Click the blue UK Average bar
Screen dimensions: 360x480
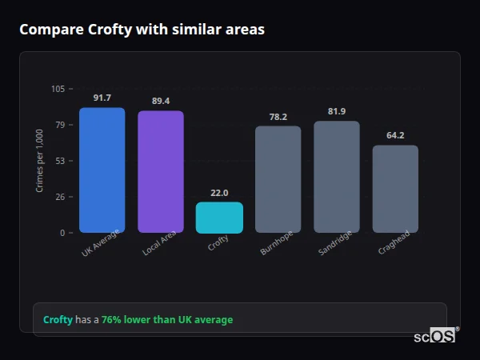pyautogui.click(x=102, y=170)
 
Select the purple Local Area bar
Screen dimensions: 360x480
pyautogui.click(x=161, y=171)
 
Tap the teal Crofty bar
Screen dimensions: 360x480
pyautogui.click(x=219, y=217)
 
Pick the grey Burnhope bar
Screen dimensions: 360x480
pyautogui.click(x=278, y=179)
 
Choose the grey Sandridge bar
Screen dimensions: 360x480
pyautogui.click(x=337, y=176)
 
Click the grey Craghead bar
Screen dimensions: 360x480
pyautogui.click(x=395, y=189)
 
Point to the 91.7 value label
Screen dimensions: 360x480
pyautogui.click(x=102, y=98)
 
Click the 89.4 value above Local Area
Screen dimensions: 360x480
pyautogui.click(x=161, y=101)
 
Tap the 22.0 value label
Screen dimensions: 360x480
pyautogui.click(x=219, y=193)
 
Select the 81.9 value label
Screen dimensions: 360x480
pyautogui.click(x=337, y=111)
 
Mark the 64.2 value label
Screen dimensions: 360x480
pyautogui.click(x=395, y=135)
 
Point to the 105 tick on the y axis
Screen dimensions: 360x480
pyautogui.click(x=58, y=89)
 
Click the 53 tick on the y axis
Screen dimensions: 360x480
pyautogui.click(x=60, y=161)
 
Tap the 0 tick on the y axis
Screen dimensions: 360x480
pyautogui.click(x=62, y=233)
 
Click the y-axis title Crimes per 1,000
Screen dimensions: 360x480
pyautogui.click(x=40, y=161)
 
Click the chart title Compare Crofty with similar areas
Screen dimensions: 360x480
pyautogui.click(x=142, y=30)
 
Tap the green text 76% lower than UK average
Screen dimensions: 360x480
pyautogui.click(x=166, y=320)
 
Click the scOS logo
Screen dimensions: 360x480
pyautogui.click(x=435, y=336)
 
